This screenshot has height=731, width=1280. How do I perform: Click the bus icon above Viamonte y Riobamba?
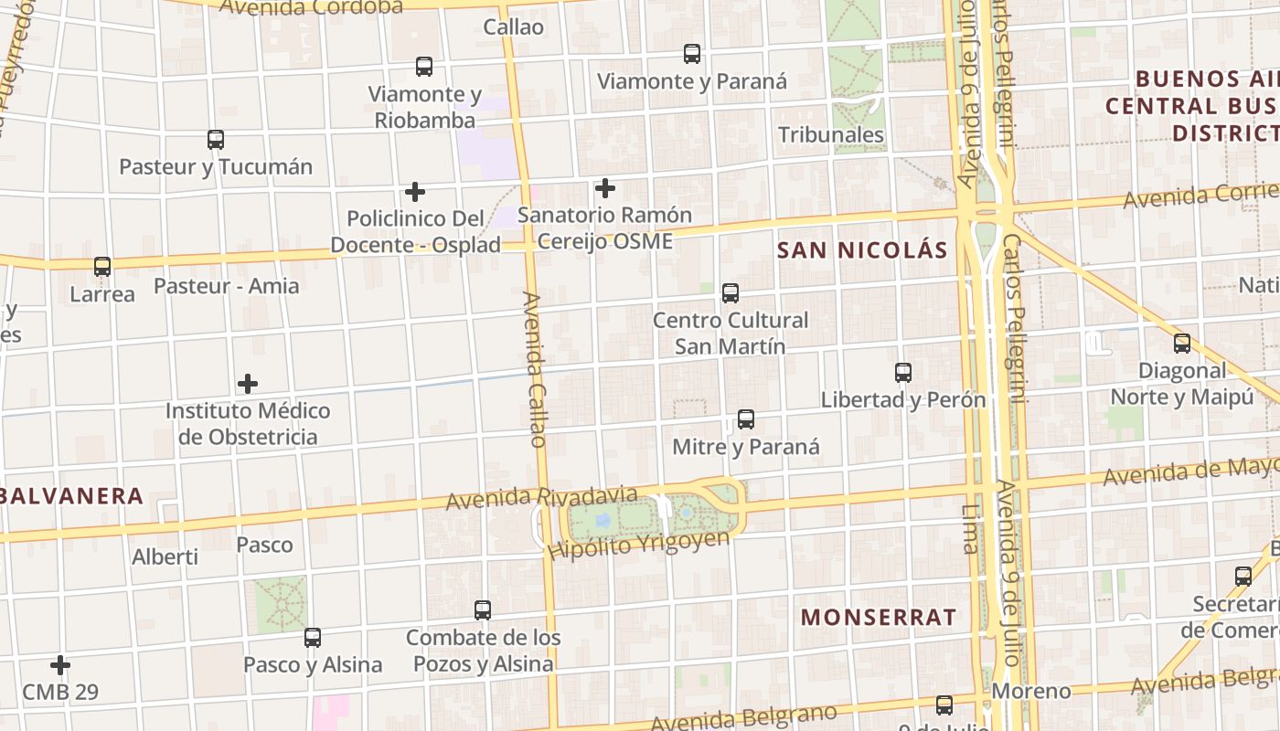424,67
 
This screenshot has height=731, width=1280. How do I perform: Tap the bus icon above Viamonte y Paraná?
692,54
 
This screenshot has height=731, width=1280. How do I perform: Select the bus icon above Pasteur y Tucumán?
216,140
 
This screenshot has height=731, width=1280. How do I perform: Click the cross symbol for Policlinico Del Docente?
415,192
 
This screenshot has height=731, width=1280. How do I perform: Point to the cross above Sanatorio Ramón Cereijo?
604,188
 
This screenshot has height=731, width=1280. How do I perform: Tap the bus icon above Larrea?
102,267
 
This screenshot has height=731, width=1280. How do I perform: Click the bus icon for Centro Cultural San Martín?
730,293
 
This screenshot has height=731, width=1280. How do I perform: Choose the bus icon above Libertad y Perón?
903,373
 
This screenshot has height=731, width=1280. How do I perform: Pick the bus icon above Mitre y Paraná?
746,419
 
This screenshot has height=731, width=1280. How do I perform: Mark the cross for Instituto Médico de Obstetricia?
248,384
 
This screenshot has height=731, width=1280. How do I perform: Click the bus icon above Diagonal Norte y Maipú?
1182,344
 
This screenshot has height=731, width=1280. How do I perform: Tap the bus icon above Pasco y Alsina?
313,638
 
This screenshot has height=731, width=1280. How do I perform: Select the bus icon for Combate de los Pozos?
483,610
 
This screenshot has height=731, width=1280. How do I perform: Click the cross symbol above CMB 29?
60,665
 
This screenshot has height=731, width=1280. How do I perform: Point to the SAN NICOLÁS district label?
862,250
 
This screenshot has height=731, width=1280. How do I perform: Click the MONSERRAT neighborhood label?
879,617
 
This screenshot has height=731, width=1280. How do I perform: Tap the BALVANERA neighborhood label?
72,496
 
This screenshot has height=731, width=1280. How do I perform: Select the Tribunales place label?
831,135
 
